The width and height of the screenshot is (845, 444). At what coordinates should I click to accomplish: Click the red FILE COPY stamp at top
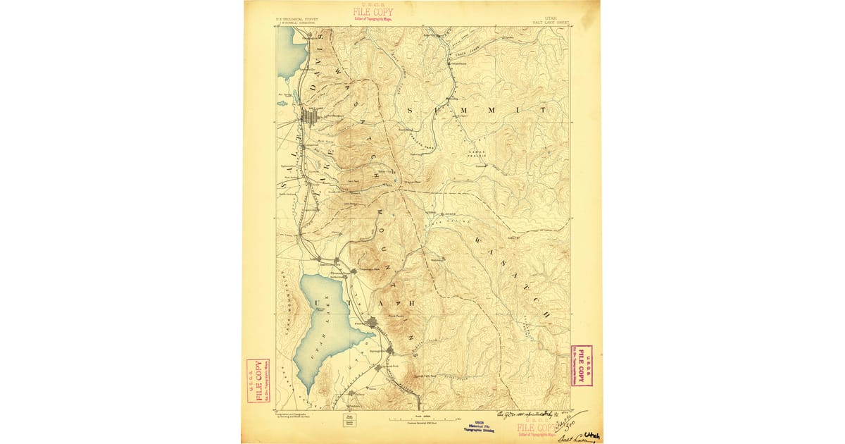[373, 13]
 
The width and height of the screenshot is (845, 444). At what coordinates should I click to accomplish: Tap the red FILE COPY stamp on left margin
[258, 381]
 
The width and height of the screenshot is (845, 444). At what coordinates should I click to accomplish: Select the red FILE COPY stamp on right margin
[582, 366]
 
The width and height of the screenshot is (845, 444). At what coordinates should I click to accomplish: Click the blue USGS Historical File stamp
[478, 426]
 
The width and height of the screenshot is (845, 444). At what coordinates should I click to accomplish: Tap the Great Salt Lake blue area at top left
[287, 53]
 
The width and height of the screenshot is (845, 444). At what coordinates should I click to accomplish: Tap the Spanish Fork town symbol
[379, 367]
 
